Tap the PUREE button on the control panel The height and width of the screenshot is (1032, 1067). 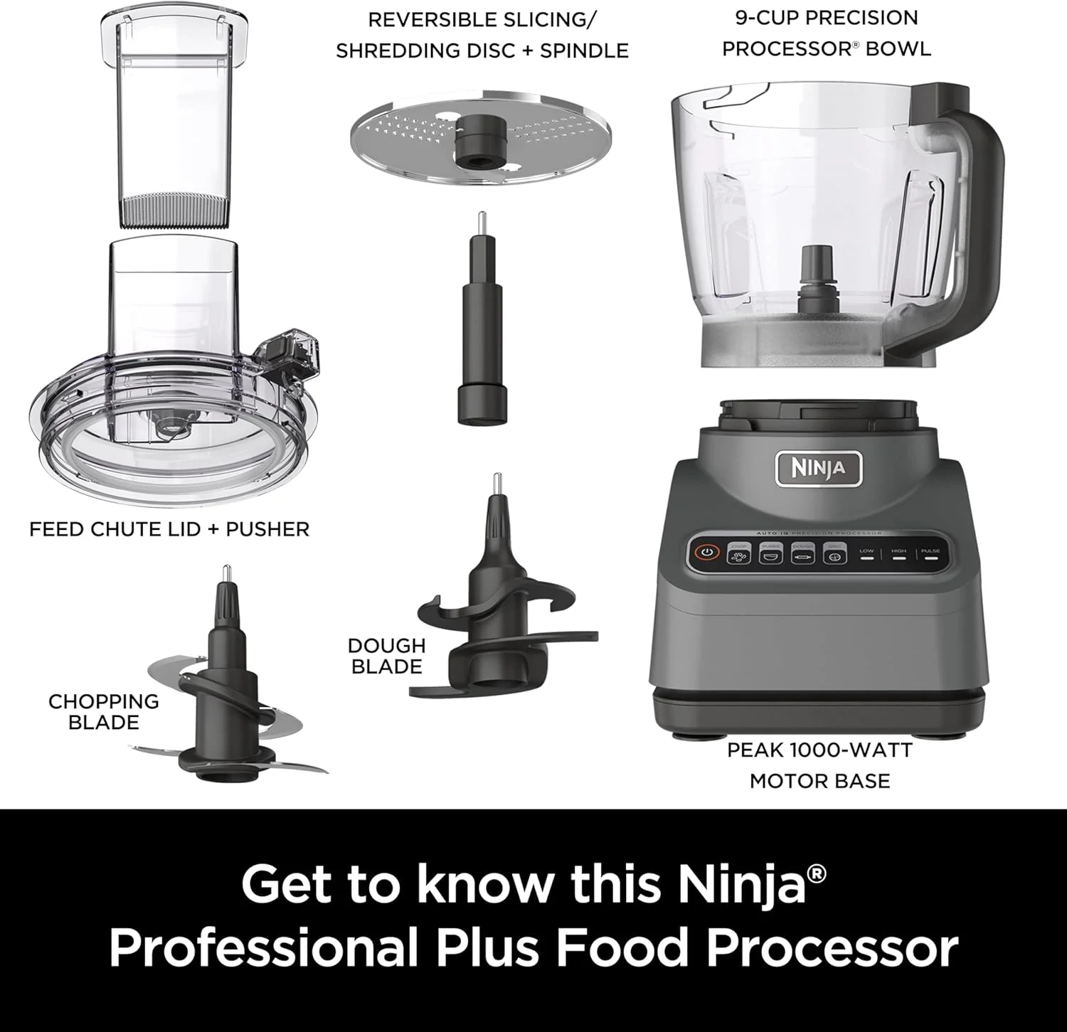pyautogui.click(x=770, y=553)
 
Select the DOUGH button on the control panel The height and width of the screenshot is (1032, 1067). pyautogui.click(x=802, y=553)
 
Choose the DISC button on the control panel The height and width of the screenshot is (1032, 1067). pyautogui.click(x=834, y=553)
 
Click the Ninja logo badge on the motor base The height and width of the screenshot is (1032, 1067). pyautogui.click(x=818, y=469)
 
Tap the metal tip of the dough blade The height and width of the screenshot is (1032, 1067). pyautogui.click(x=498, y=484)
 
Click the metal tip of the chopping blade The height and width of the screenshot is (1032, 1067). pyautogui.click(x=225, y=573)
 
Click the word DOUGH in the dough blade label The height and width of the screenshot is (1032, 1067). pyautogui.click(x=386, y=646)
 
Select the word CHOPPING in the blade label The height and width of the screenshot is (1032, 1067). pyautogui.click(x=103, y=701)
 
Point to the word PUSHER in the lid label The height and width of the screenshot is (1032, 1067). pyautogui.click(x=267, y=529)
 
